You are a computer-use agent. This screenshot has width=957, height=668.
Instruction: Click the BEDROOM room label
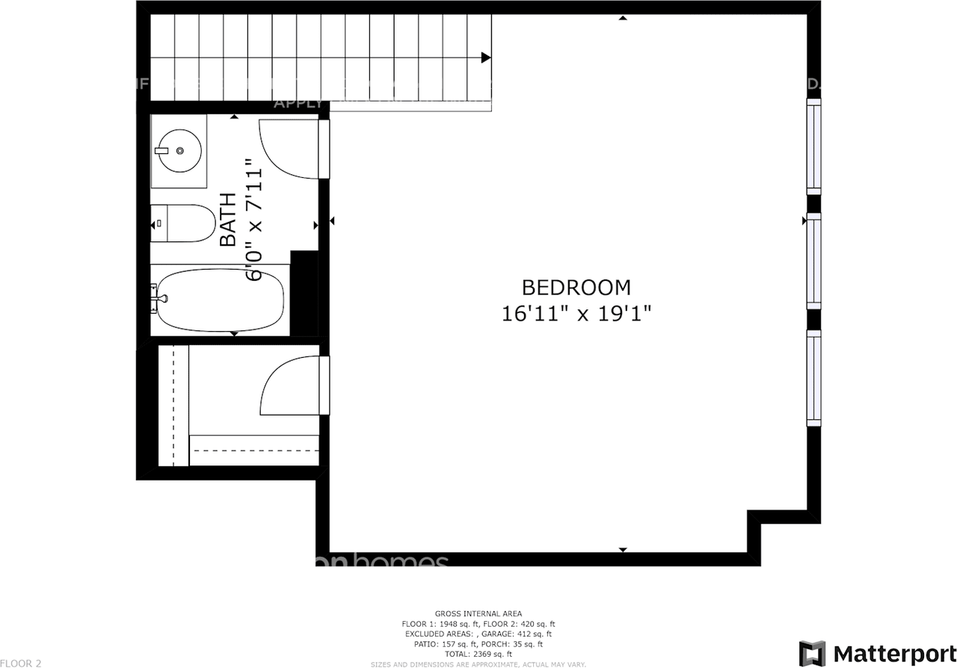click(576, 288)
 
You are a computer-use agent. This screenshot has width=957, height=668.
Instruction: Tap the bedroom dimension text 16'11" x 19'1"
click(576, 313)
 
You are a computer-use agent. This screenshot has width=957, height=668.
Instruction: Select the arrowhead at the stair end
click(486, 58)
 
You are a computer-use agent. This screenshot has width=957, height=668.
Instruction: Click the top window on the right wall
click(813, 146)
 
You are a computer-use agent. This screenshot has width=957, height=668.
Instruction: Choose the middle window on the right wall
click(813, 261)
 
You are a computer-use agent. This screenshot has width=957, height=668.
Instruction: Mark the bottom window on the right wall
click(813, 378)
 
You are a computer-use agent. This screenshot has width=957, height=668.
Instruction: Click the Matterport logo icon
click(812, 653)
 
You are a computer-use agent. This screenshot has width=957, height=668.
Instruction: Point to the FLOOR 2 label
click(21, 663)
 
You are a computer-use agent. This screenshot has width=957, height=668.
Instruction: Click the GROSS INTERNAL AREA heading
click(478, 613)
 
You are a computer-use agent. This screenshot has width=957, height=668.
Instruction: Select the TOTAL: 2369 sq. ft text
click(478, 654)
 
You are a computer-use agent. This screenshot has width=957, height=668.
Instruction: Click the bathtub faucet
click(159, 298)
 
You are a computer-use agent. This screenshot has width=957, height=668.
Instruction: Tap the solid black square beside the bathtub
click(304, 293)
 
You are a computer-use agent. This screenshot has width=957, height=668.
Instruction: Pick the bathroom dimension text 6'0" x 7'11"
click(255, 224)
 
